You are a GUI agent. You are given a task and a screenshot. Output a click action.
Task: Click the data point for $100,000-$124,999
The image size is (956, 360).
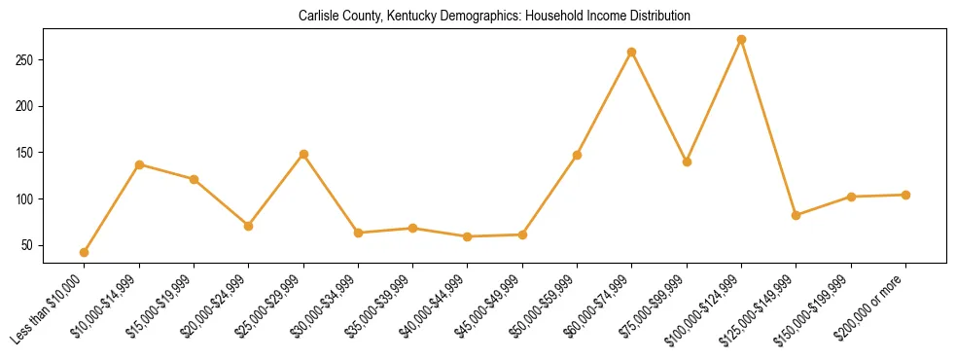741,40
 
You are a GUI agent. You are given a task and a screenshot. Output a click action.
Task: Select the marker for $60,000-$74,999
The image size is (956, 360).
632,52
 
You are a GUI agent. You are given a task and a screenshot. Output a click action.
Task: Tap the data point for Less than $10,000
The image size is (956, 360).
85,252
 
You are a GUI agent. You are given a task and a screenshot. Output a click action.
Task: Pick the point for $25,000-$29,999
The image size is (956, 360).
303,154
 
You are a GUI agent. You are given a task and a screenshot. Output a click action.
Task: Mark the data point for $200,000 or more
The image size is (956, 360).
905,195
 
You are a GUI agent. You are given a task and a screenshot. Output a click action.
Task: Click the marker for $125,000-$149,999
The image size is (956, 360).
797,215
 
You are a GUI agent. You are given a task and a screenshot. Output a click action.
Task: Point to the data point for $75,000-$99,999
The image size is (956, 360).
687,162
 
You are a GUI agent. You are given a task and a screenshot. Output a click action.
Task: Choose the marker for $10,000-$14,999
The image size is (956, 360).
139,164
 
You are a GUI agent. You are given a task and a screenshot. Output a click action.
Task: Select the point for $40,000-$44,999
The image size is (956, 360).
468,236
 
